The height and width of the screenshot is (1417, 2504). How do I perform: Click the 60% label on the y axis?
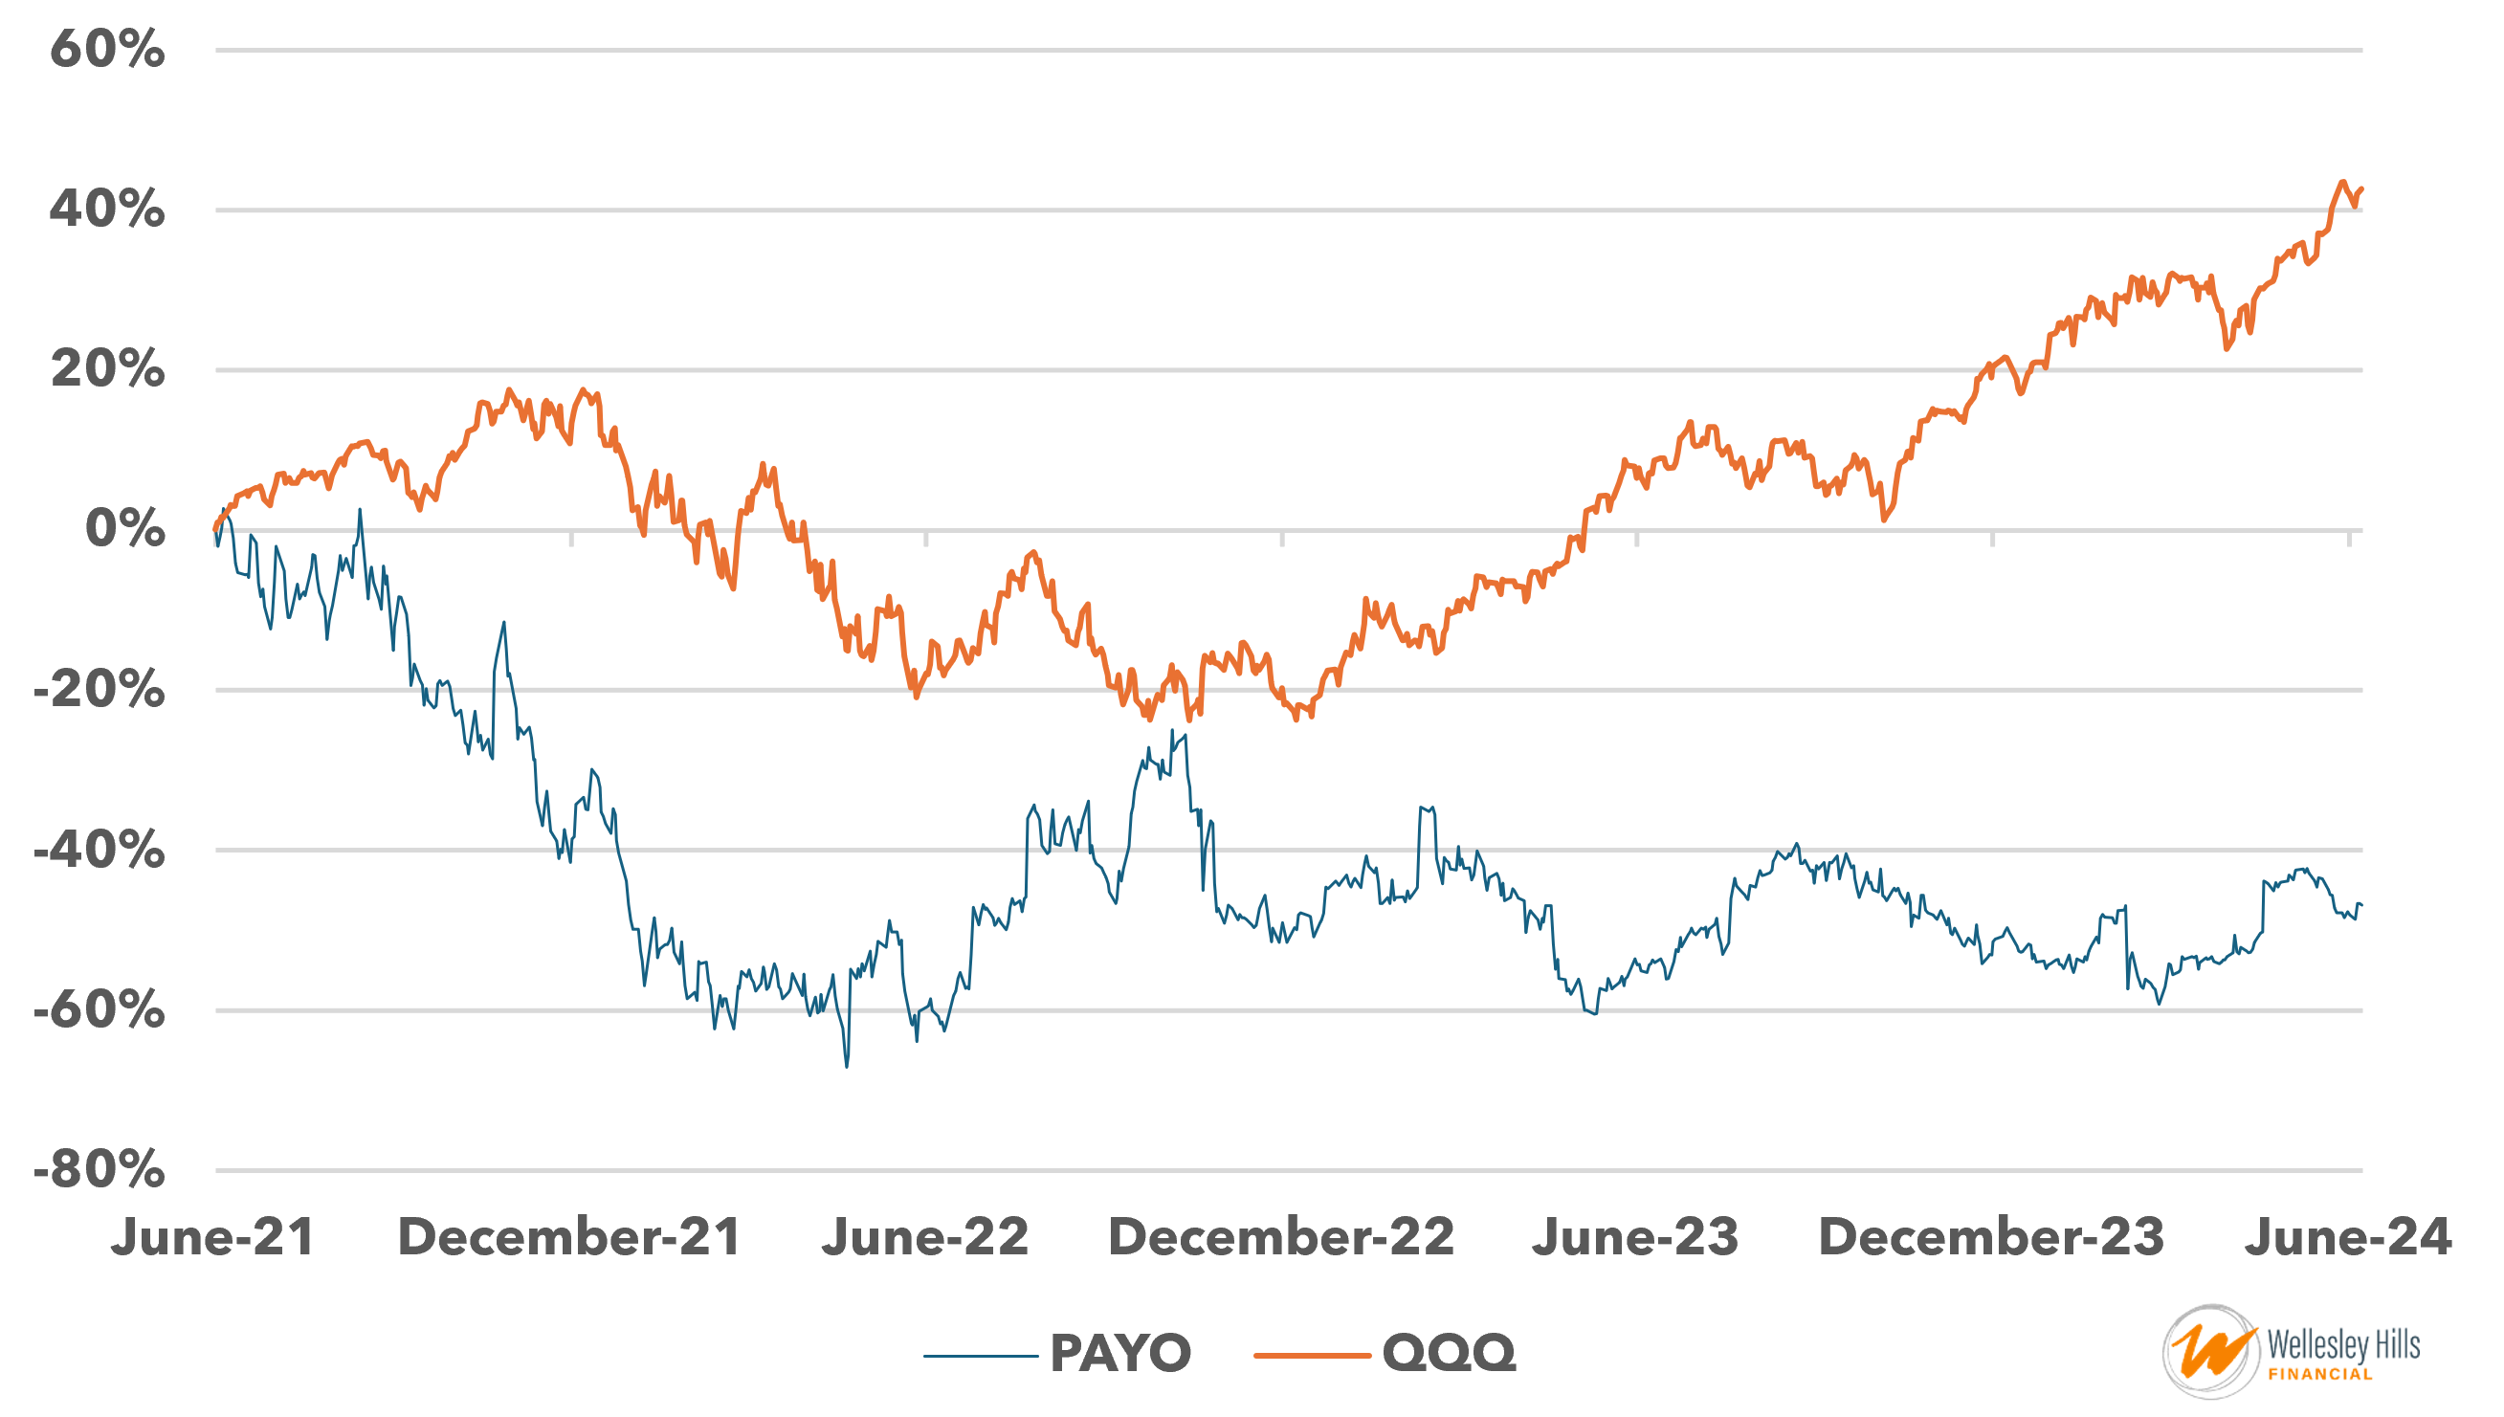click(x=107, y=49)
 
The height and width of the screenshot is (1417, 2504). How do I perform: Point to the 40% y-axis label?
click(x=107, y=210)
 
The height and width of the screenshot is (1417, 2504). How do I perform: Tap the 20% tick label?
click(x=107, y=369)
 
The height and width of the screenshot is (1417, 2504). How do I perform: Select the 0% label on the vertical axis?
click(x=124, y=529)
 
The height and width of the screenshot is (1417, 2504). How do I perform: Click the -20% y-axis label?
click(x=100, y=690)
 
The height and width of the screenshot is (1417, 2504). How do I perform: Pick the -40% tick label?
click(x=100, y=851)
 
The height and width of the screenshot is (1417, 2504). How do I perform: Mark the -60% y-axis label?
click(x=100, y=1010)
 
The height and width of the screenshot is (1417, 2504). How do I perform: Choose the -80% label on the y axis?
click(x=100, y=1170)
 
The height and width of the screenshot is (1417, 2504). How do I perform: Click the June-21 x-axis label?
click(x=212, y=1238)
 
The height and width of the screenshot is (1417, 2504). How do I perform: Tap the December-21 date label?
click(x=569, y=1238)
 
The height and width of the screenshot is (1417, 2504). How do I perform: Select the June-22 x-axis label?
click(x=924, y=1238)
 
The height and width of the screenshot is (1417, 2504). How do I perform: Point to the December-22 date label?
click(x=1281, y=1238)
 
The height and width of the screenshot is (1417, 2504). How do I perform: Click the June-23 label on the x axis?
click(x=1635, y=1238)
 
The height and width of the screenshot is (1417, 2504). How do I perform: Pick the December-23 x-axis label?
click(x=1991, y=1238)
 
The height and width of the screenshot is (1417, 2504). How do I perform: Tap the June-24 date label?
click(x=2347, y=1238)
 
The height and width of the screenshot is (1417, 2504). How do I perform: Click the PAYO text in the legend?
click(x=1120, y=1354)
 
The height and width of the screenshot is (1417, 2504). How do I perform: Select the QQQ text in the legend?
click(x=1448, y=1354)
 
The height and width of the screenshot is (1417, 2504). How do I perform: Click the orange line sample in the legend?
click(x=1312, y=1355)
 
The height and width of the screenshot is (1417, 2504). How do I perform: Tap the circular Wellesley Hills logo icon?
click(x=2210, y=1352)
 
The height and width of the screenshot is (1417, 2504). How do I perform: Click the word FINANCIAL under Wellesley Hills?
click(x=2320, y=1374)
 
